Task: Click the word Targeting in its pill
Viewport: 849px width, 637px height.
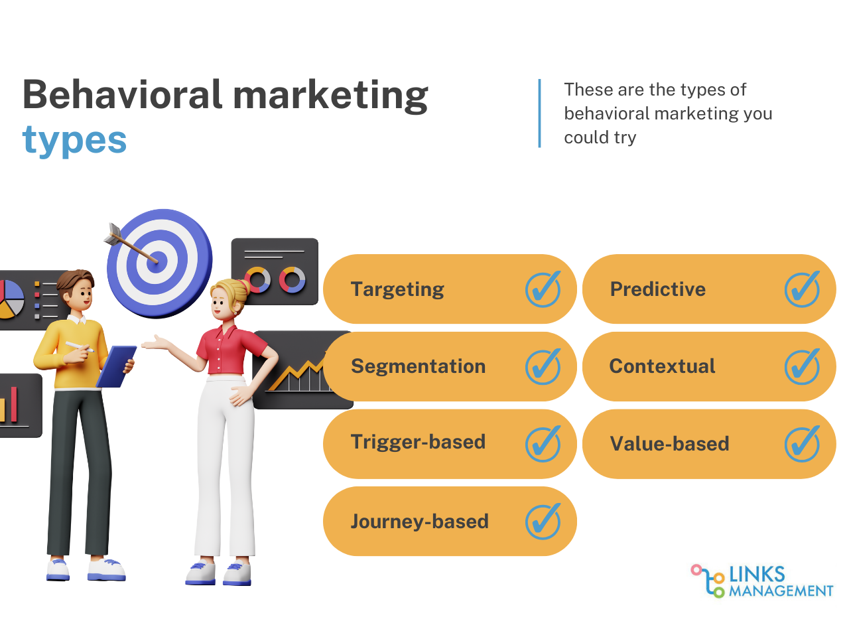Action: pyautogui.click(x=397, y=289)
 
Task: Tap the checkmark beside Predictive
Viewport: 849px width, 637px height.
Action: pyautogui.click(x=802, y=289)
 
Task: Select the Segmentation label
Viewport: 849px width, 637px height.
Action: pyautogui.click(x=418, y=366)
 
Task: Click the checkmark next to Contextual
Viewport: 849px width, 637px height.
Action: pyautogui.click(x=802, y=367)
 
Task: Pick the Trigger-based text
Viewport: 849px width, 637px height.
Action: pyautogui.click(x=418, y=442)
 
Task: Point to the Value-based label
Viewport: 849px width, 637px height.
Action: pyautogui.click(x=669, y=444)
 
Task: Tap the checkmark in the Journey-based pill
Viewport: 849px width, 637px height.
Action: pyautogui.click(x=543, y=522)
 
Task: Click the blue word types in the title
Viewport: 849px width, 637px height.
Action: pyautogui.click(x=74, y=141)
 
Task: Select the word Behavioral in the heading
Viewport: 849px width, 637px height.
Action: pyautogui.click(x=122, y=95)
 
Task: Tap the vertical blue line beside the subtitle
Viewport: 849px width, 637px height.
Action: pyautogui.click(x=539, y=113)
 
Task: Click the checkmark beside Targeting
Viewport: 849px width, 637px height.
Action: pyautogui.click(x=543, y=289)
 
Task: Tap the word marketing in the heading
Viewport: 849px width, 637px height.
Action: pyautogui.click(x=331, y=95)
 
